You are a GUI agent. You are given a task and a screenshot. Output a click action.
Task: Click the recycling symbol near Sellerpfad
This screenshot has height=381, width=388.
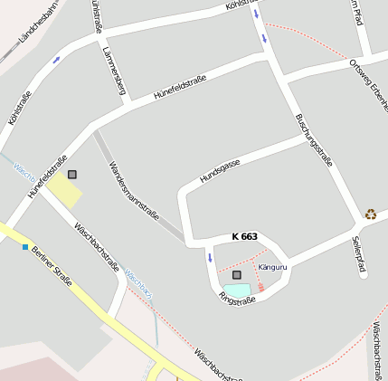[371, 214]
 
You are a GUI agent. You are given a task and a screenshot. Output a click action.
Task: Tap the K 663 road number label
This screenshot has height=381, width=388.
[244, 236]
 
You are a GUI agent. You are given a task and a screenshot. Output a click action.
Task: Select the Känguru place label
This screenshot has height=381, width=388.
[272, 267]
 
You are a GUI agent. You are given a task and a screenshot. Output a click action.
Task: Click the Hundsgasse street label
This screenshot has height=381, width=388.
[220, 169]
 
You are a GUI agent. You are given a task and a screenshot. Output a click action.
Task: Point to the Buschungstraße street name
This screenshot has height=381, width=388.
[315, 140]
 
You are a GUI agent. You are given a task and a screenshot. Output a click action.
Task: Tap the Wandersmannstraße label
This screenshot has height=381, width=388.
[134, 191]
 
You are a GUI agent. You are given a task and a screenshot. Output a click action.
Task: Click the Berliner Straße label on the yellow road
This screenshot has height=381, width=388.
[52, 262]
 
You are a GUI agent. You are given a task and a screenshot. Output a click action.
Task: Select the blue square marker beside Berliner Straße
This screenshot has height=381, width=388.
[24, 246]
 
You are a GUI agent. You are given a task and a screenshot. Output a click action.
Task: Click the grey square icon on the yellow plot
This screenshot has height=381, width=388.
[72, 174]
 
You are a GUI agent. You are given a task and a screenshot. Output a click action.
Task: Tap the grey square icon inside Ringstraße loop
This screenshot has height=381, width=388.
[237, 274]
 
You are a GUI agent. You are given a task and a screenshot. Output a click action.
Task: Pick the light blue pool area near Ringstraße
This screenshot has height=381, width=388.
[237, 290]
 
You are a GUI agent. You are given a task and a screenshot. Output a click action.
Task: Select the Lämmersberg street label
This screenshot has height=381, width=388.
[114, 71]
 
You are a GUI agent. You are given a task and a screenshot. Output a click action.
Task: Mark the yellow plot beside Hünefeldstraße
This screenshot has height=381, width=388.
[63, 189]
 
